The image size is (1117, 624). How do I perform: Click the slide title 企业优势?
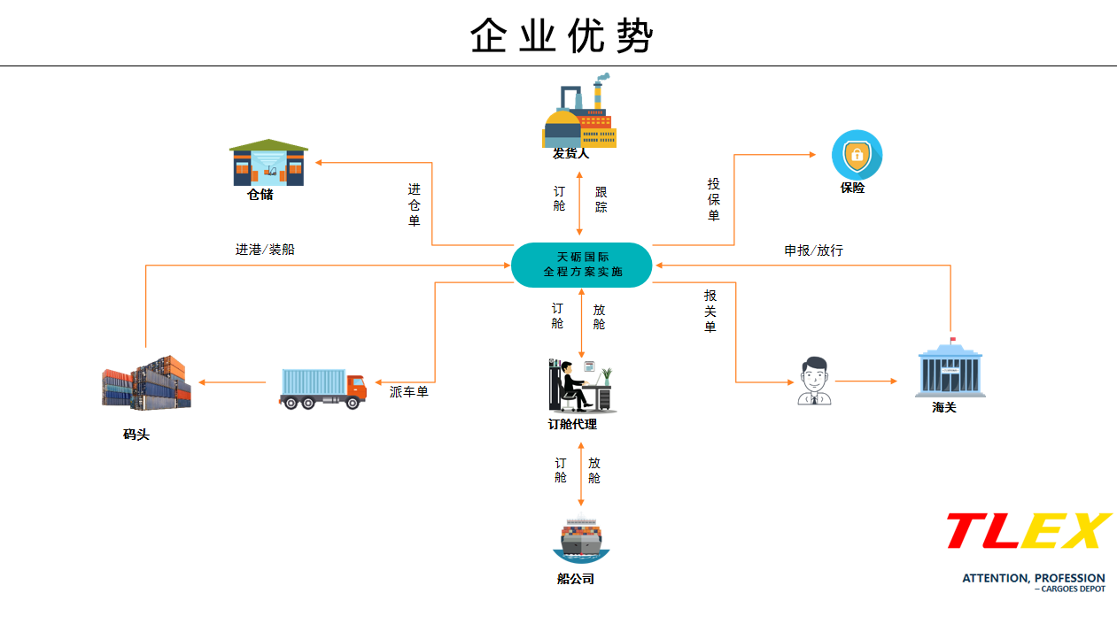562,35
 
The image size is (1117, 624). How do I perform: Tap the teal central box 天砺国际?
582,265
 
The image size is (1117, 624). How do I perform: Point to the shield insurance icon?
857,156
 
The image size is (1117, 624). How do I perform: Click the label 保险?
852,189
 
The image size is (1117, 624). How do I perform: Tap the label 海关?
944,408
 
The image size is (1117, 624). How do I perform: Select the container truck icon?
322,387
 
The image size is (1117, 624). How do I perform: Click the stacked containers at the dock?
146,382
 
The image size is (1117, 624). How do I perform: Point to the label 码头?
136,435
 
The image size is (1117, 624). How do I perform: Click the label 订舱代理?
572,425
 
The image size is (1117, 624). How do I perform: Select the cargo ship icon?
581,539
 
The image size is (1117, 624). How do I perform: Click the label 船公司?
576,579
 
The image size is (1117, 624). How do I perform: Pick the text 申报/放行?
813,250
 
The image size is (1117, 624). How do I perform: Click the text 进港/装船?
265,250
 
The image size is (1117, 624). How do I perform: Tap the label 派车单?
409,391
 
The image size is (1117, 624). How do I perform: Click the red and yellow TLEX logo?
1028,531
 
